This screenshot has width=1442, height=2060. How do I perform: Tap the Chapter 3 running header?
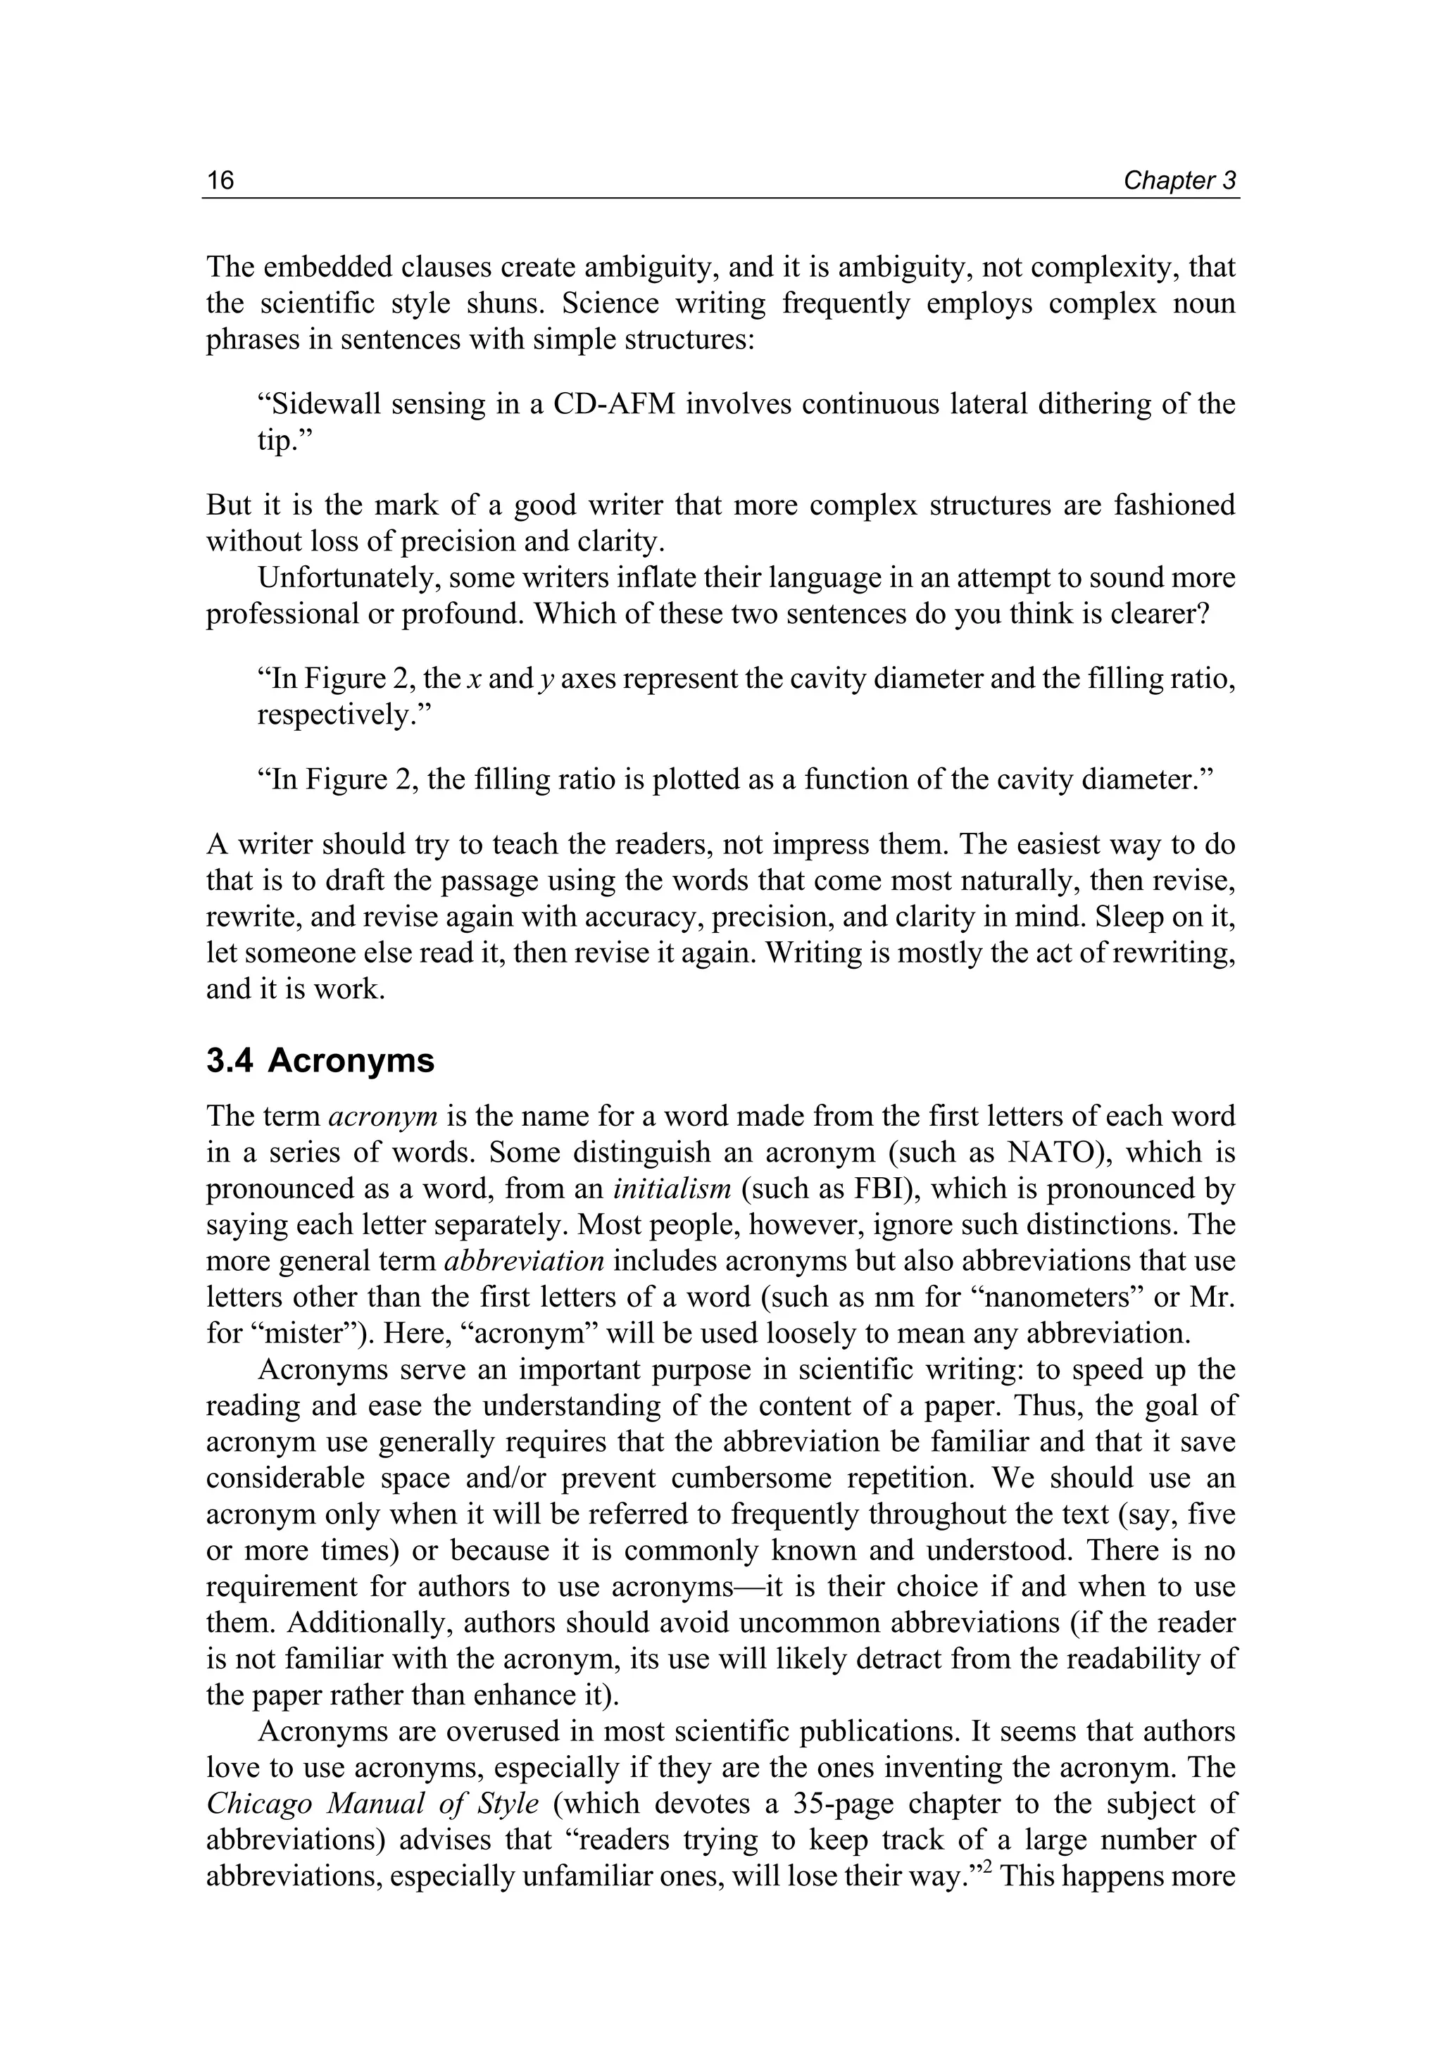(x=1179, y=180)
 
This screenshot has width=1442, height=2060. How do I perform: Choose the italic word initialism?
(x=672, y=1189)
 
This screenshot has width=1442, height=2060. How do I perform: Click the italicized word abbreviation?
(x=525, y=1261)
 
